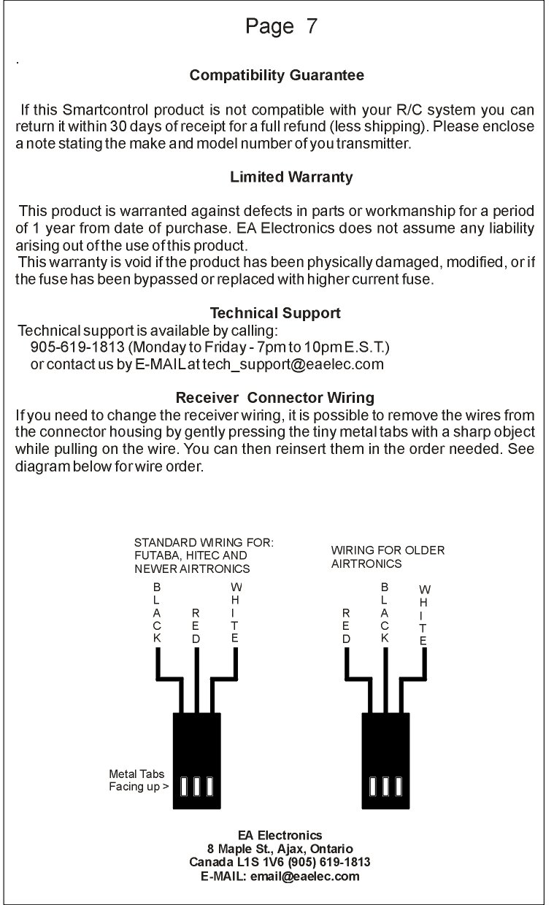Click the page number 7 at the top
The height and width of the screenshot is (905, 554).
[312, 27]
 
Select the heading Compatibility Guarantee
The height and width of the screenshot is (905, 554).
[277, 75]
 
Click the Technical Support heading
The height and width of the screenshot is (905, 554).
[275, 313]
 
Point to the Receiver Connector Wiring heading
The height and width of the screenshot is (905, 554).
[275, 398]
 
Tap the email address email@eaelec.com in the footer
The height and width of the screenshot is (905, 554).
[304, 876]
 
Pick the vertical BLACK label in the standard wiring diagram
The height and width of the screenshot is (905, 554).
[157, 613]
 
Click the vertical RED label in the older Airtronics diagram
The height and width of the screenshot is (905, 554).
[347, 626]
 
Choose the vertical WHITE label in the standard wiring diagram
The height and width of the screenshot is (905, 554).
[235, 613]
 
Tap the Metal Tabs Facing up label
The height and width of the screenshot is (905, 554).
[137, 780]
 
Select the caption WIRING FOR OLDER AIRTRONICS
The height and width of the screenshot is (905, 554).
[387, 557]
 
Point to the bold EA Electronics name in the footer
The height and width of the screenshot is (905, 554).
[280, 835]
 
